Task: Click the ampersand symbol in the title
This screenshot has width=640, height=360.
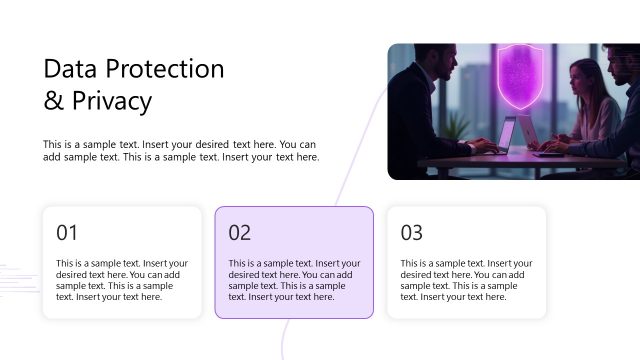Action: (53, 101)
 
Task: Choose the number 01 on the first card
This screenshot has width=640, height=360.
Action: (67, 233)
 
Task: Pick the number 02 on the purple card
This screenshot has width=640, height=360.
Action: (240, 233)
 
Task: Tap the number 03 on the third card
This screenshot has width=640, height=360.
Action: (412, 233)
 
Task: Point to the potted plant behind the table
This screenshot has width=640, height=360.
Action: (456, 126)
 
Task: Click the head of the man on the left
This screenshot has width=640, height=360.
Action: (424, 65)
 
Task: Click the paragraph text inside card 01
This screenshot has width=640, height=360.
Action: (121, 280)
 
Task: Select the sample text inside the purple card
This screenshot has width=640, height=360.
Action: (294, 280)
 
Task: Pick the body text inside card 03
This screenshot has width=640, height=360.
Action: (466, 280)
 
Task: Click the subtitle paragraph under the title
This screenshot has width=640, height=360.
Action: (181, 150)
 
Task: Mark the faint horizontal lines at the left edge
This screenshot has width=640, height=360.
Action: (14, 268)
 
